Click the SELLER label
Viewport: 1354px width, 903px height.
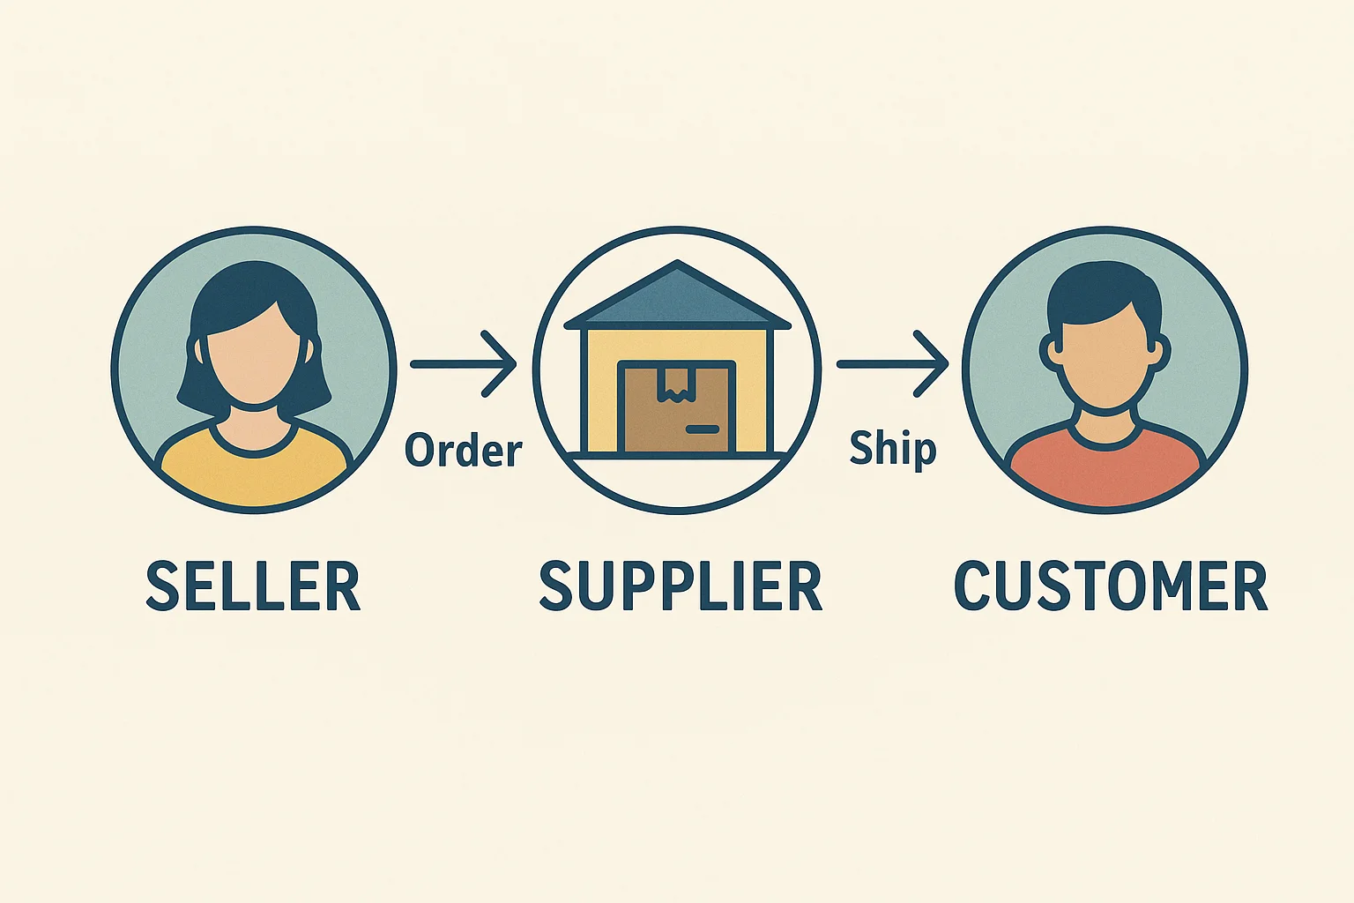[x=253, y=586]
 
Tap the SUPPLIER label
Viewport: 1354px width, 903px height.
[x=680, y=586]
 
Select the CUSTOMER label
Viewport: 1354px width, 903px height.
[x=1110, y=586]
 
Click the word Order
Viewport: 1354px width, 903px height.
[x=464, y=451]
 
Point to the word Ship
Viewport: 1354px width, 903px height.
[x=891, y=449]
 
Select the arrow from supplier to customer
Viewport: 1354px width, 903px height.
[x=891, y=363]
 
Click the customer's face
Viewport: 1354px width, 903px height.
[x=1105, y=362]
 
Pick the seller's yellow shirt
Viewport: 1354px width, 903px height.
[x=254, y=472]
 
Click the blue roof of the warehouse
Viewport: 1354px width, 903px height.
[x=676, y=300]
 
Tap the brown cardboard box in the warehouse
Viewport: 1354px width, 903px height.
[x=676, y=410]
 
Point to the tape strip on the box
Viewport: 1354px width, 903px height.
[x=676, y=384]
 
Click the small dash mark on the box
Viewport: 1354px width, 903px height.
[x=702, y=429]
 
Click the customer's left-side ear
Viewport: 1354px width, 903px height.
[x=1052, y=353]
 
